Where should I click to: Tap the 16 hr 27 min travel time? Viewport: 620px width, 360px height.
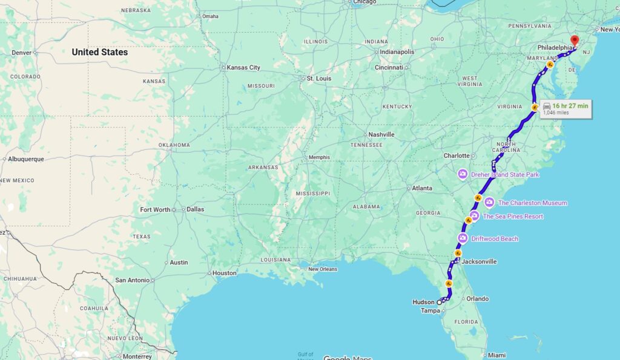click(x=570, y=106)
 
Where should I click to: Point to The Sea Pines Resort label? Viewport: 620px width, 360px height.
click(x=513, y=217)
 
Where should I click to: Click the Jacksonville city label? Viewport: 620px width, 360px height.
click(x=479, y=262)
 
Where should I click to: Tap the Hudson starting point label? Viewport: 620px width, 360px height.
click(x=423, y=302)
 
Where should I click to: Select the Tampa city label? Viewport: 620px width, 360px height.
click(x=429, y=311)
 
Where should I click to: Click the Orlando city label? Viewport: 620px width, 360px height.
click(x=478, y=299)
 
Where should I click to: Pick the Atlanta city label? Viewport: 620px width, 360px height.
click(x=422, y=188)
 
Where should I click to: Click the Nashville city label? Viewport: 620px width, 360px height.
click(x=381, y=134)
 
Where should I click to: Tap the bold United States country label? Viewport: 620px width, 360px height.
click(x=100, y=52)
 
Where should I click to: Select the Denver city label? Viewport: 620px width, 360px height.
click(x=21, y=53)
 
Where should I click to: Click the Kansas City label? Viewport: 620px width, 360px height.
click(x=243, y=68)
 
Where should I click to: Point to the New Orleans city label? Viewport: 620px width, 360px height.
click(x=322, y=269)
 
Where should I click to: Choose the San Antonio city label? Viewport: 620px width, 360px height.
click(x=132, y=280)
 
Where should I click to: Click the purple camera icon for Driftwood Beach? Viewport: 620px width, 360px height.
click(x=464, y=238)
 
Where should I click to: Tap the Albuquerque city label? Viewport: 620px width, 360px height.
click(x=27, y=159)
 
